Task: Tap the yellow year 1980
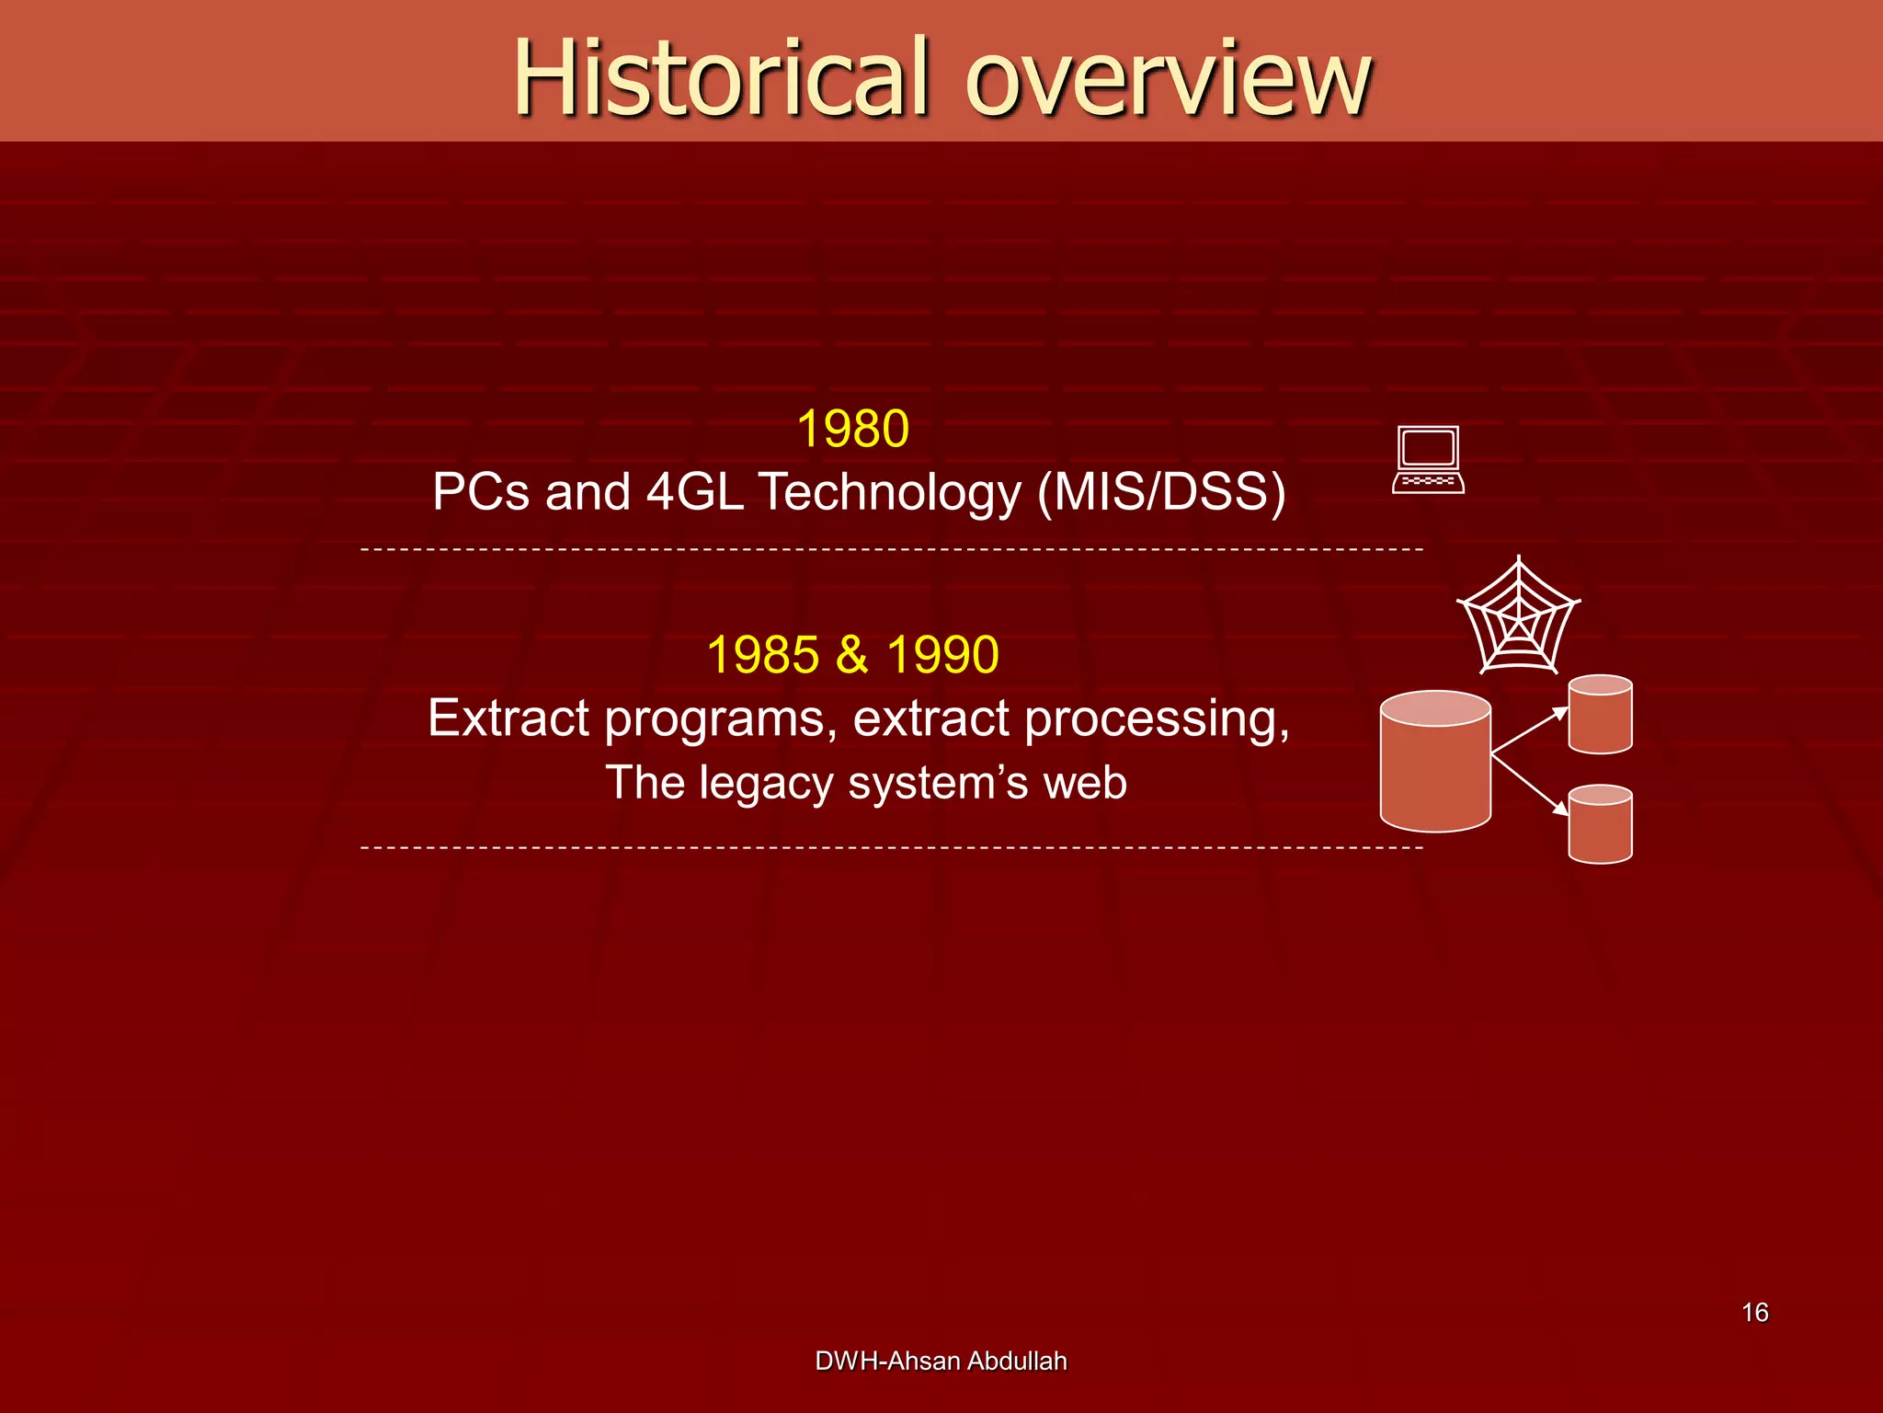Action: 852,429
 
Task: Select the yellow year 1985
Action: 762,655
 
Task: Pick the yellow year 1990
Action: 942,655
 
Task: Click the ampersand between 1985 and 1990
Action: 851,655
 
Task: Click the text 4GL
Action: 694,491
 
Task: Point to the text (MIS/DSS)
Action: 1161,491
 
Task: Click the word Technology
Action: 889,491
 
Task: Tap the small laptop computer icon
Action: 1428,460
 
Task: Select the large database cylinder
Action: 1434,762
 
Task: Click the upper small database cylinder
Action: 1600,715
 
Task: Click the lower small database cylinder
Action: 1600,824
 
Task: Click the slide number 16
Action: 1754,1312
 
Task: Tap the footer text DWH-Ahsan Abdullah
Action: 941,1361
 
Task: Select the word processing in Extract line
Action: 1156,718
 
